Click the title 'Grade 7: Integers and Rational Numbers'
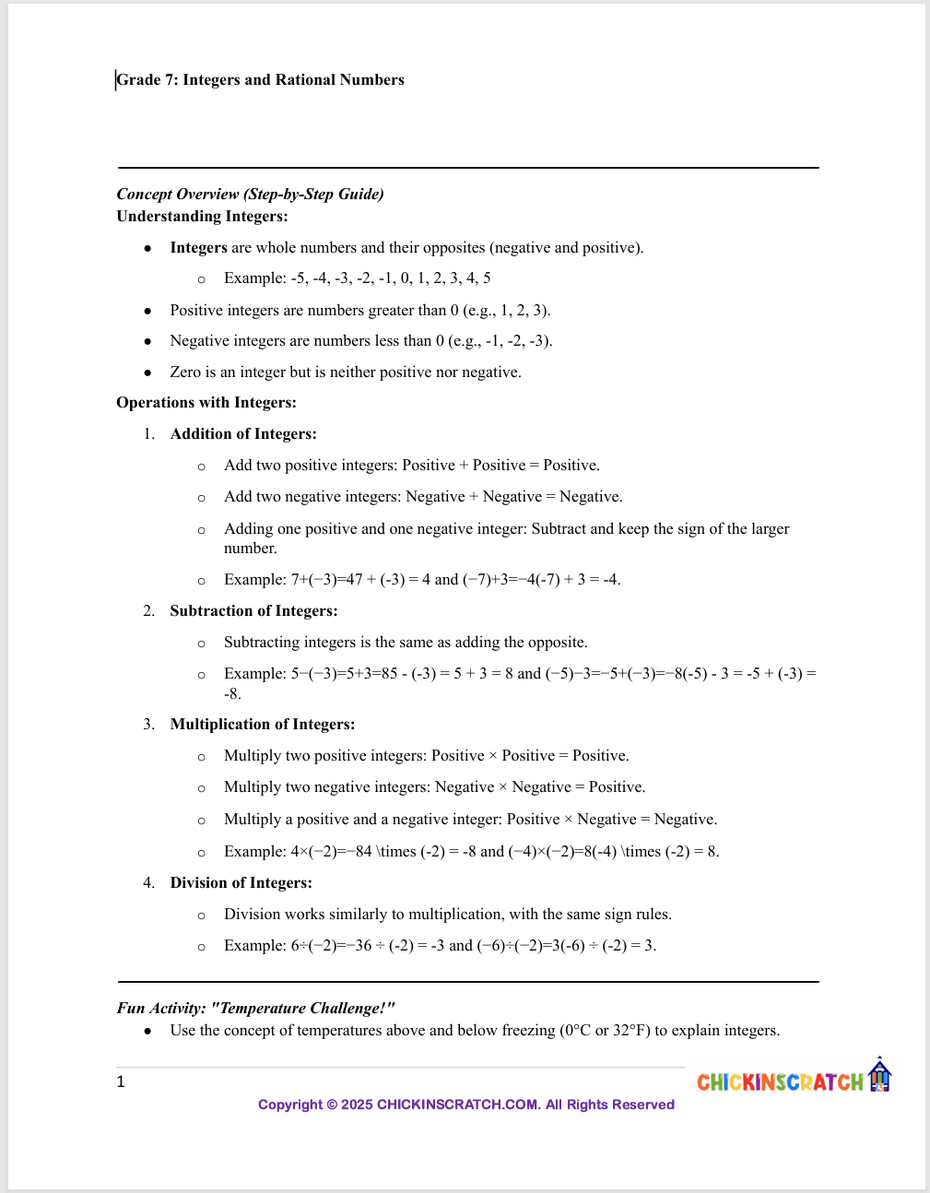[x=260, y=80]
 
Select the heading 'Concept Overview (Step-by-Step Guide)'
[x=250, y=194]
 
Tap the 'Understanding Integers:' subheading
[x=202, y=217]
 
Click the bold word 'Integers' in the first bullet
[x=198, y=248]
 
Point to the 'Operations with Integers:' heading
[x=206, y=403]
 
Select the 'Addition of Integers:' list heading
[x=243, y=434]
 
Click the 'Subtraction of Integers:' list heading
[x=253, y=611]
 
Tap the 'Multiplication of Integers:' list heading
[x=263, y=725]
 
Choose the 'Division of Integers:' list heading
[x=241, y=883]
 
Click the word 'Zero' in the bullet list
[x=186, y=372]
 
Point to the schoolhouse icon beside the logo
[x=880, y=1075]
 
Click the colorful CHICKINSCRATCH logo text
[x=780, y=1082]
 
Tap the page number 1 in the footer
[x=121, y=1082]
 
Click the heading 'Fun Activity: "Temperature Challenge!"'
[x=256, y=1009]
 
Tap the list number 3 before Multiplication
[x=148, y=725]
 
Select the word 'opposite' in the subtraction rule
[x=558, y=643]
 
